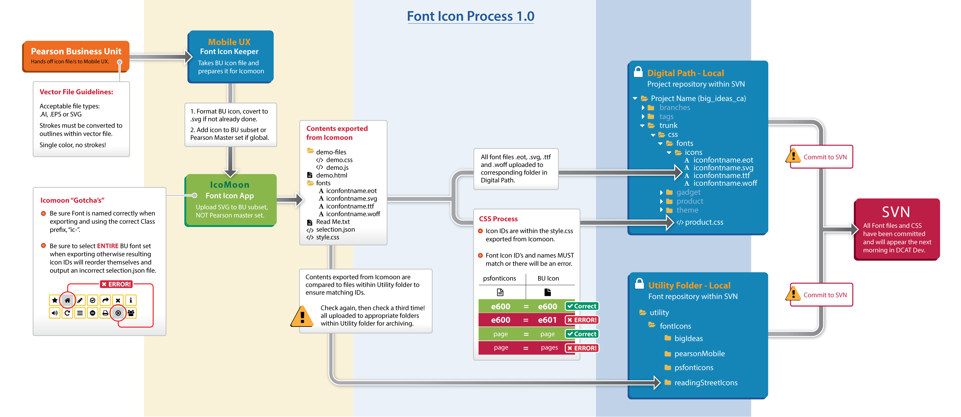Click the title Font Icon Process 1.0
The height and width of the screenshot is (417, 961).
[x=470, y=16]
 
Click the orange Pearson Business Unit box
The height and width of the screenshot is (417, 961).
[x=76, y=56]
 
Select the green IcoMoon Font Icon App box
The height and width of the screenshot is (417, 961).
[x=230, y=200]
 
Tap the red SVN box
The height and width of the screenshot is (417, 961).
[x=896, y=229]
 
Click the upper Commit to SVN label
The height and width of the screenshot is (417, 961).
[x=825, y=157]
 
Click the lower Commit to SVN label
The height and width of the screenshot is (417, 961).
[x=825, y=295]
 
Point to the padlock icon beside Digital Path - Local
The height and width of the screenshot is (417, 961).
[x=638, y=72]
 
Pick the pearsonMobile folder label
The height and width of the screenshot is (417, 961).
[x=699, y=354]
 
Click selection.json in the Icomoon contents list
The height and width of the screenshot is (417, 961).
[x=335, y=230]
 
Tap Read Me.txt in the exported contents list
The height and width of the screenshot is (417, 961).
[x=333, y=222]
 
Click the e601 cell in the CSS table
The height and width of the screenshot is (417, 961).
[x=547, y=320]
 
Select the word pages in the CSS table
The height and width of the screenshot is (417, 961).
[x=549, y=347]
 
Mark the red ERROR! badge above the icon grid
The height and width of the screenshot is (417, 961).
[x=116, y=284]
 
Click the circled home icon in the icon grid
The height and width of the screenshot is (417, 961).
[x=68, y=300]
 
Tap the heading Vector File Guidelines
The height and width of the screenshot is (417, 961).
[x=76, y=92]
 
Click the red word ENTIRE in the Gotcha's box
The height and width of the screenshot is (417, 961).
[x=107, y=246]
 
